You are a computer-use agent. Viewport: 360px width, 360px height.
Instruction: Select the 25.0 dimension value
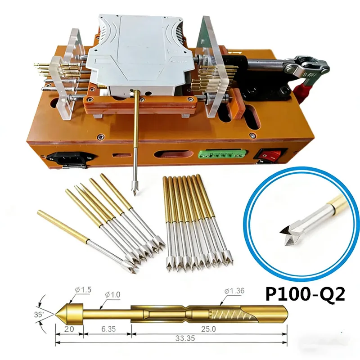click(208, 329)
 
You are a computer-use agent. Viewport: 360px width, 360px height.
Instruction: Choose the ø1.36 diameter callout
click(234, 291)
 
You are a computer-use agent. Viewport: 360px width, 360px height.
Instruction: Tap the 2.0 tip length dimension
click(69, 329)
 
